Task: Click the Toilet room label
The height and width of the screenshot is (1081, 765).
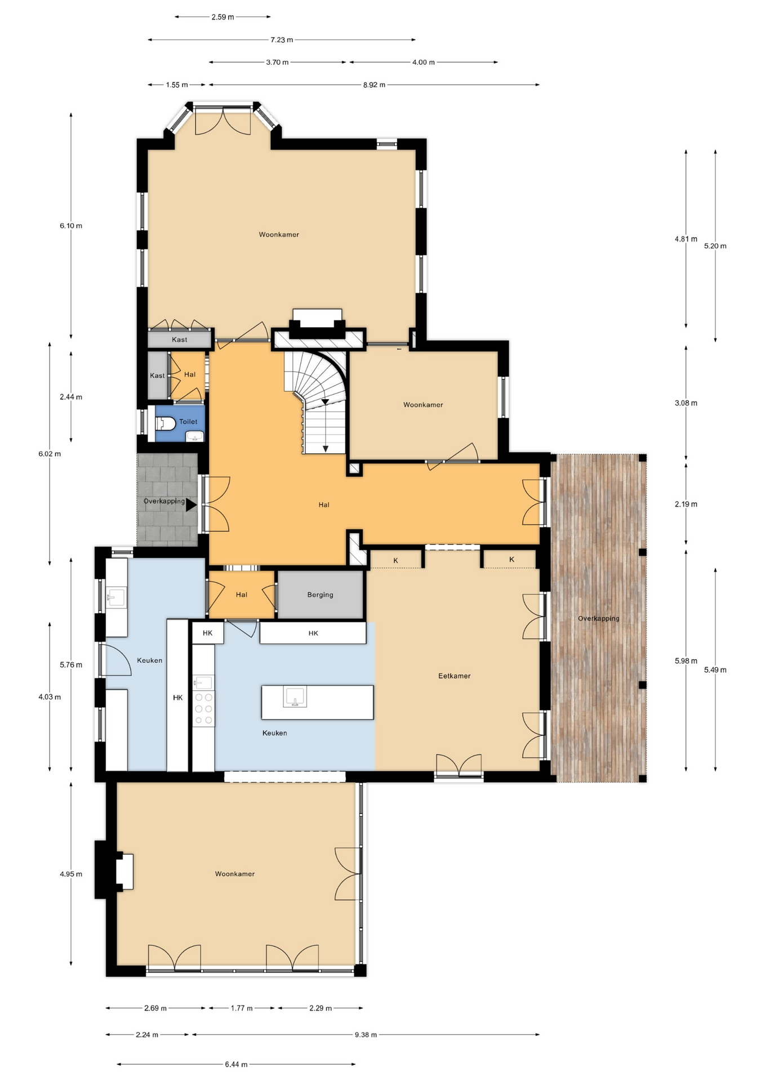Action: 188,422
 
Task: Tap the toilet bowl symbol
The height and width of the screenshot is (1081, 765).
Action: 163,422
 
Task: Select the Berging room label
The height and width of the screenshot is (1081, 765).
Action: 320,595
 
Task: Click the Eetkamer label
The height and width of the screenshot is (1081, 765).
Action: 454,676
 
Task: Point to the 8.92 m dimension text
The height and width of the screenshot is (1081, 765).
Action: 374,85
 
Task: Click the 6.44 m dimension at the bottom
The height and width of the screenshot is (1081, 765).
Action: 236,1064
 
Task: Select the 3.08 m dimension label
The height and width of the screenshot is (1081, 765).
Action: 686,403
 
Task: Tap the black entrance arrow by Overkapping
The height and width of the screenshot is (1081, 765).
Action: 191,504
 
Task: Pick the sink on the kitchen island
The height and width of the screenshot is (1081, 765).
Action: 295,696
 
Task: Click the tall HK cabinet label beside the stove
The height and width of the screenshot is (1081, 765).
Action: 177,698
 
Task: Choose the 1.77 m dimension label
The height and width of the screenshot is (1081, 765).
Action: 242,1008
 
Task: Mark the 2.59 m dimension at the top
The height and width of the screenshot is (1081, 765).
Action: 223,17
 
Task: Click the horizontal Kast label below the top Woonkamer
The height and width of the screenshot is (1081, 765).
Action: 180,340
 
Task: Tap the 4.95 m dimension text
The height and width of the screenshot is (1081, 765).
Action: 71,874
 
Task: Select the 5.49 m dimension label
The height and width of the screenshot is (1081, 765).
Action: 715,670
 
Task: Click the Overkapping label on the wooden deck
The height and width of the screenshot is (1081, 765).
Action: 598,618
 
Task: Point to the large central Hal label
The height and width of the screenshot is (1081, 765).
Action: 323,504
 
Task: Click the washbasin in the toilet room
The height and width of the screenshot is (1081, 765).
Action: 195,436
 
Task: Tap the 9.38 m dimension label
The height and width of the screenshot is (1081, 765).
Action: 366,1034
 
